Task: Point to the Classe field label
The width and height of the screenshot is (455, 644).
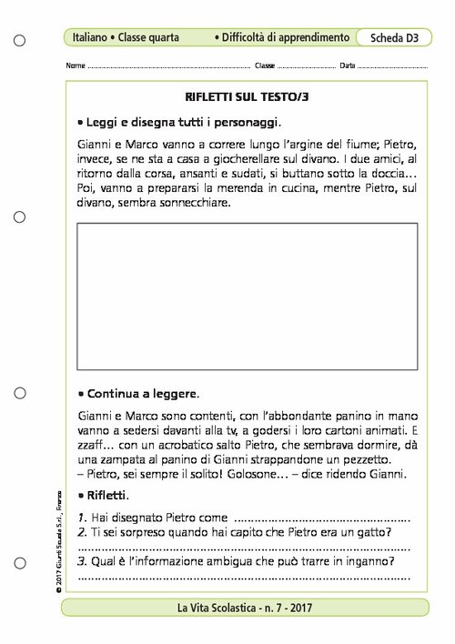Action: tap(265, 67)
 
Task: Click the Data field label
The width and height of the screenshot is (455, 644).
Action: tap(347, 67)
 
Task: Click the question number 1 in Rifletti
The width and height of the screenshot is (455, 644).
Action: tap(81, 517)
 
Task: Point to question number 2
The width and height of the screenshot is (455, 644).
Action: tap(81, 532)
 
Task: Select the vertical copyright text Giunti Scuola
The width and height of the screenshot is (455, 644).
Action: tap(56, 528)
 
